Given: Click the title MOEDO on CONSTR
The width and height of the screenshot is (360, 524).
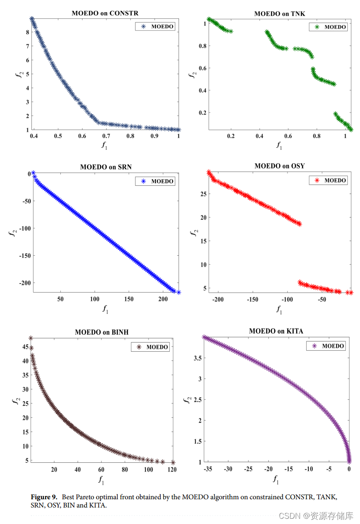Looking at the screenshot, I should [x=105, y=13].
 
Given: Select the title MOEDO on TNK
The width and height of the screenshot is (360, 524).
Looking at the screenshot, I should [x=279, y=14].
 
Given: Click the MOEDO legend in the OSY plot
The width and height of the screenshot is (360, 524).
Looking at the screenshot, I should [x=328, y=180].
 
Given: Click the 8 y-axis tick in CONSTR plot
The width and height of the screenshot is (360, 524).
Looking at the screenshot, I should [x=27, y=32].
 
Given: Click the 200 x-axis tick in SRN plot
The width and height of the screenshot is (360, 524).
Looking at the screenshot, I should [x=163, y=299].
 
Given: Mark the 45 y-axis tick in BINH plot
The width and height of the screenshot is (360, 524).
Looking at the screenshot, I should [x=25, y=346].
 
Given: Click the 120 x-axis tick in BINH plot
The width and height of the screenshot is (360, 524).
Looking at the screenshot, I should [x=172, y=469].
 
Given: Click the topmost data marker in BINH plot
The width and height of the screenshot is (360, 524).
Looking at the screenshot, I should [x=31, y=338].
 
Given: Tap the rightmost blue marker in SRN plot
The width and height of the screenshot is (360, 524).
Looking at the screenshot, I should [x=178, y=292].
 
